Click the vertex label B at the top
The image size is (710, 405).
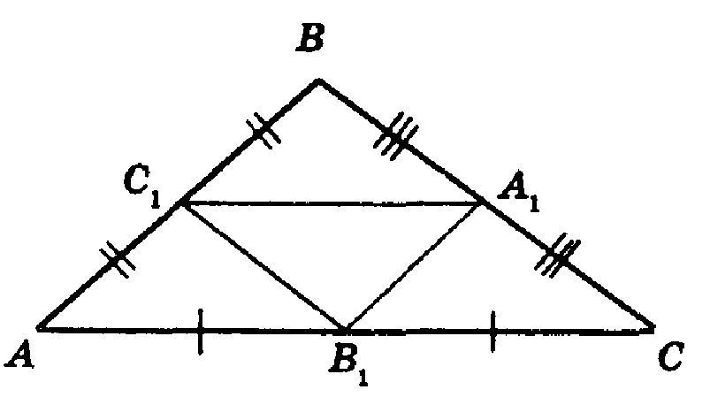tap(309, 38)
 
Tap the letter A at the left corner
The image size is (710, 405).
tap(19, 355)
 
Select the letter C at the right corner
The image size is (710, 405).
tap(670, 357)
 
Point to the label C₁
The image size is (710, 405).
tap(141, 189)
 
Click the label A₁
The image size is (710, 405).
tap(518, 194)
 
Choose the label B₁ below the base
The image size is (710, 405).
tap(349, 364)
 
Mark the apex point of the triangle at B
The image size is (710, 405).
tap(319, 80)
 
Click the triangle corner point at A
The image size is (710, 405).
tap(39, 328)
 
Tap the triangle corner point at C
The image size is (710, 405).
tap(653, 327)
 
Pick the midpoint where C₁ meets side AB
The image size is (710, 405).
tap(182, 203)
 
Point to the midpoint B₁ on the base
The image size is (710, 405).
tap(345, 328)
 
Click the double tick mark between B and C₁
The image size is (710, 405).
tap(263, 130)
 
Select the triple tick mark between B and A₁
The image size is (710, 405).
tap(394, 136)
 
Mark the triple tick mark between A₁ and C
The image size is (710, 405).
tap(557, 255)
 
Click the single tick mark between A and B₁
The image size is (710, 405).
tap(201, 332)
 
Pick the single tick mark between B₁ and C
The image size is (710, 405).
tap(492, 331)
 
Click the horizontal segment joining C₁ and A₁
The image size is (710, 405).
tap(332, 203)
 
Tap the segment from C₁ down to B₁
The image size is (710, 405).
tap(263, 266)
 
